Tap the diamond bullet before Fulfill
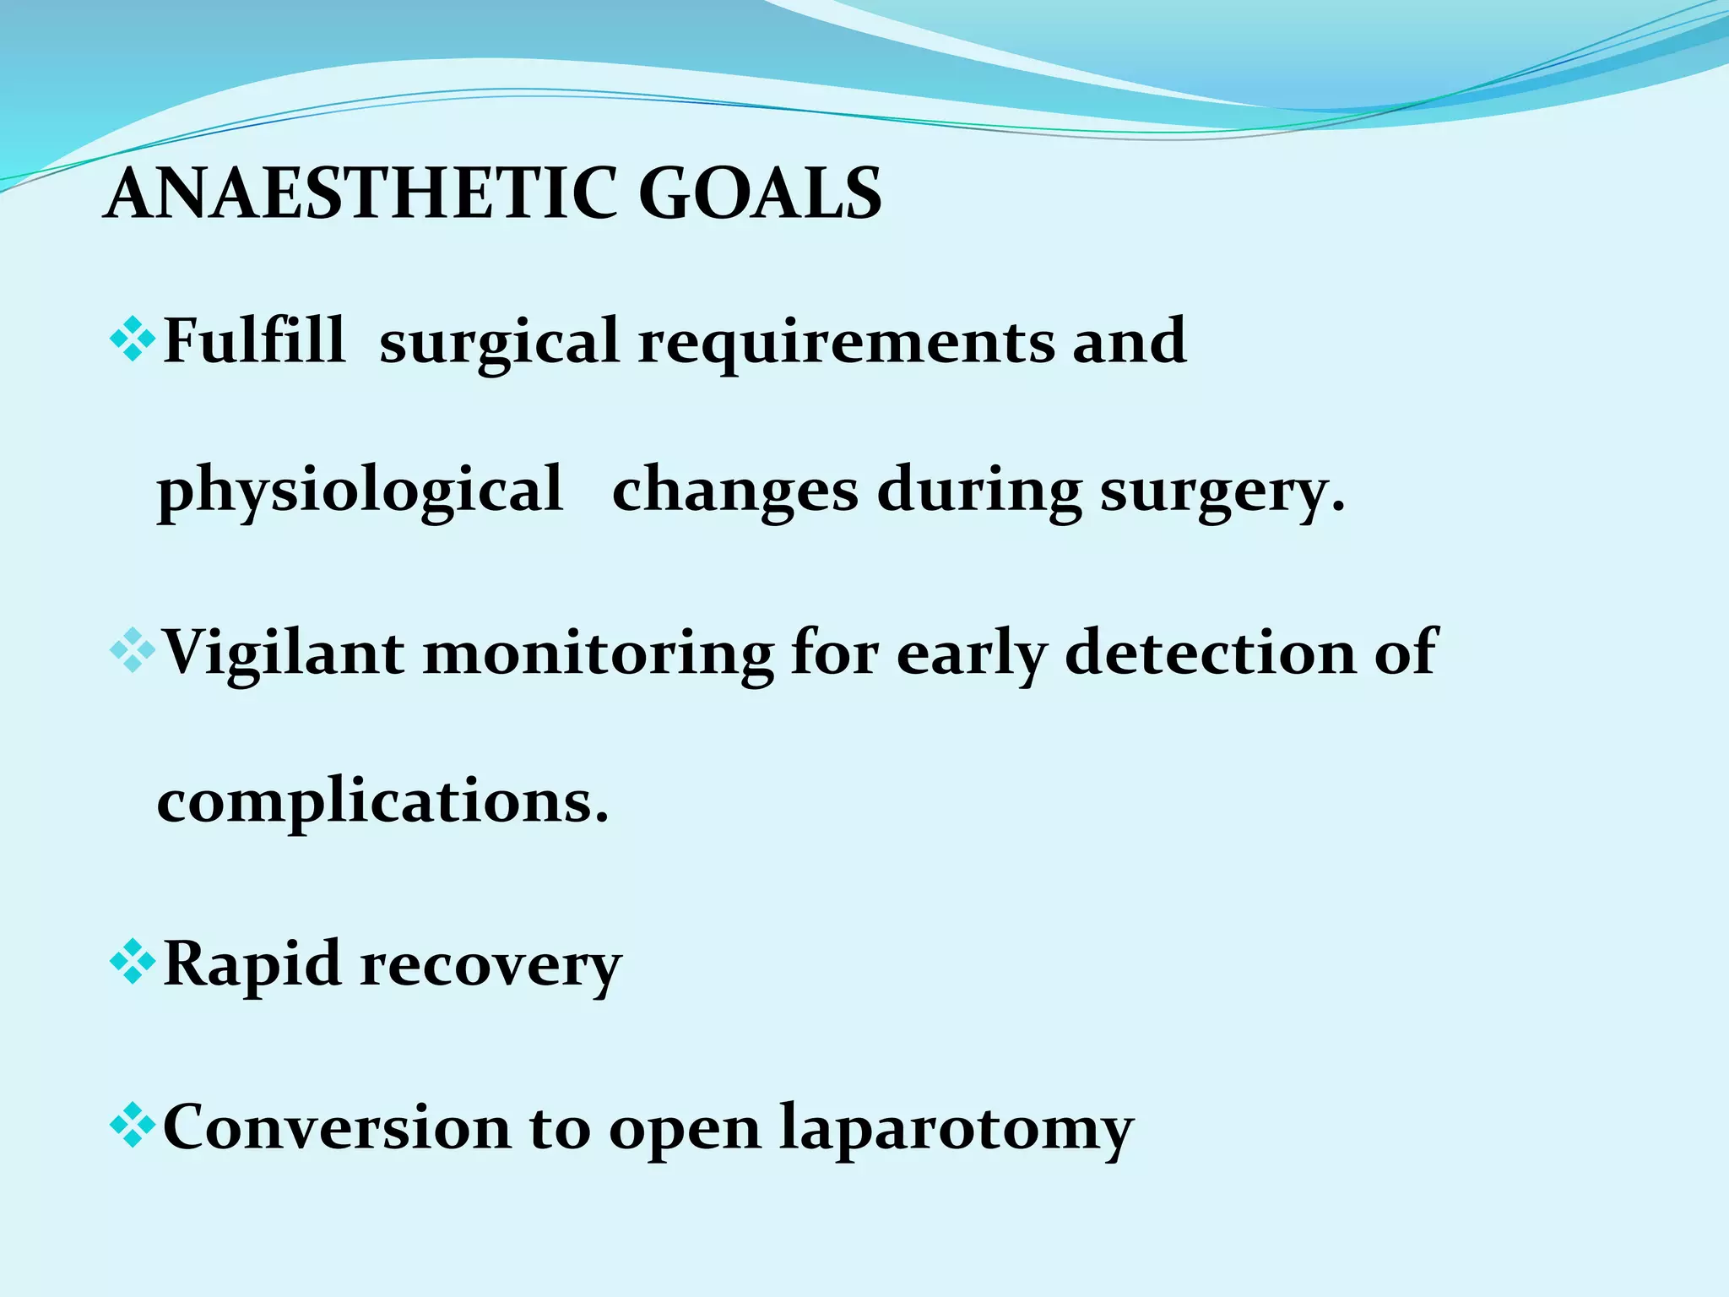133,340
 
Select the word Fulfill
253,340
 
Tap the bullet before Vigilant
133,651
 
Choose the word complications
382,802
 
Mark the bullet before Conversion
133,1126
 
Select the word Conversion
336,1126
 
